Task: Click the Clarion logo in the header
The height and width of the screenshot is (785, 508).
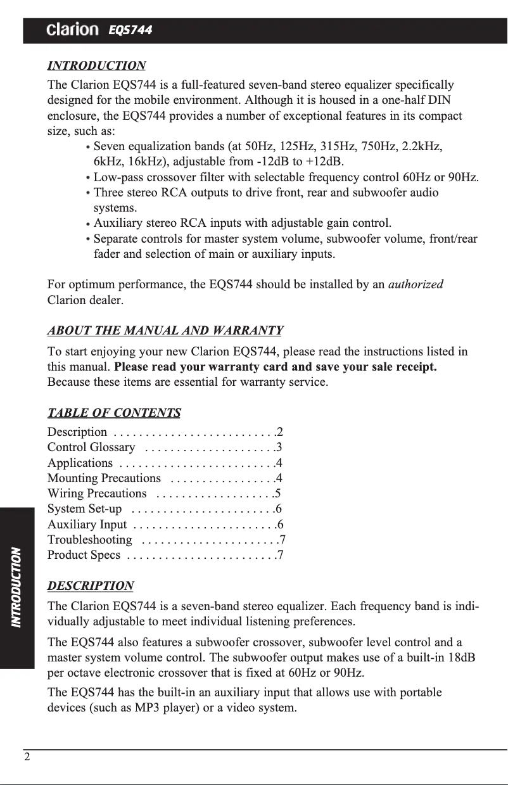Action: tap(72, 30)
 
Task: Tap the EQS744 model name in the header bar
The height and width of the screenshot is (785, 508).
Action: tap(130, 30)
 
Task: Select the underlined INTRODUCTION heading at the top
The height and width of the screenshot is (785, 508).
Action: tap(97, 66)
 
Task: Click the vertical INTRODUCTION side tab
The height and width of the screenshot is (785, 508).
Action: tap(17, 587)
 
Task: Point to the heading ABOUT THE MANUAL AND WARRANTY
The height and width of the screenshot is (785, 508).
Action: tap(165, 331)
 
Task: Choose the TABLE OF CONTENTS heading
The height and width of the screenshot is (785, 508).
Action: tap(114, 414)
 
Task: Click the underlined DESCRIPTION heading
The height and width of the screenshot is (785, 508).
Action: tap(91, 585)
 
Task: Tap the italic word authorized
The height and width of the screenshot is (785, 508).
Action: tap(416, 284)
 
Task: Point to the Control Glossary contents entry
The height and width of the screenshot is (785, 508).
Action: tap(91, 448)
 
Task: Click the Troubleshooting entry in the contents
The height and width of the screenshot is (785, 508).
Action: tap(90, 540)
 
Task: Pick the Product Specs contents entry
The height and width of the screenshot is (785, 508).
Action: tap(84, 556)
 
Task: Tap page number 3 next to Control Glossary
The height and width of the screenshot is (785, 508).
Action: tap(279, 448)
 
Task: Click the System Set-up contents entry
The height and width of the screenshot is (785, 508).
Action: tap(85, 509)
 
